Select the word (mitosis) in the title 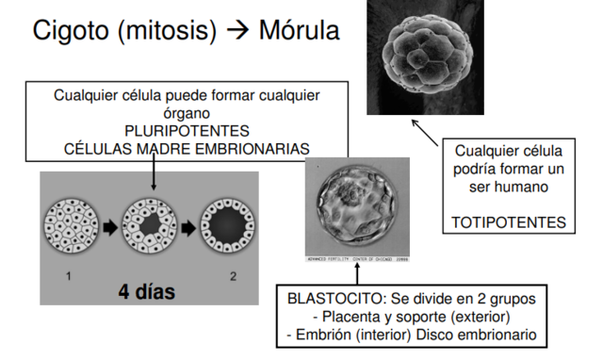(172, 30)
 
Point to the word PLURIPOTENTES (187, 130)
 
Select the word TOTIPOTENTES (508, 223)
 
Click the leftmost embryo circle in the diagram (67, 229)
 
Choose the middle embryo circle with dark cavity (148, 229)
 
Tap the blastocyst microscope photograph (359, 207)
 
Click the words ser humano (509, 188)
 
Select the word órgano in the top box (187, 112)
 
